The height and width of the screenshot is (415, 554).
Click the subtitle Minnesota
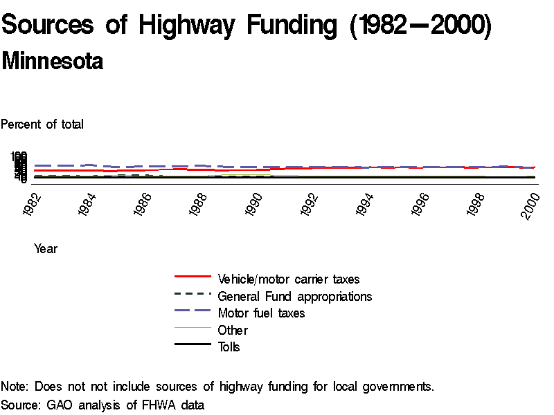53,61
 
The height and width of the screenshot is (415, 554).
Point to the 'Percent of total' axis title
42,124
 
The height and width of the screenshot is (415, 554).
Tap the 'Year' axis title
46,249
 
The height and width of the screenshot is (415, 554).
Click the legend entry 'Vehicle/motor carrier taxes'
288,279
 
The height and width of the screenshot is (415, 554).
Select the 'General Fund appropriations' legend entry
294,296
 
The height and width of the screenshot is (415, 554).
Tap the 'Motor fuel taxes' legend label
261,313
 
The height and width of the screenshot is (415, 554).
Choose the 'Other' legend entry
233,330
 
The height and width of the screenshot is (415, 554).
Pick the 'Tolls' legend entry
229,347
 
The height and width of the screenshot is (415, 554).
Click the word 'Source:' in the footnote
21,404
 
